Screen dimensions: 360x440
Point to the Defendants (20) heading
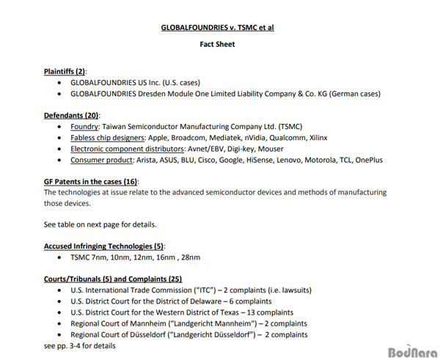click(x=72, y=115)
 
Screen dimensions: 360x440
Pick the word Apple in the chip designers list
click(x=159, y=137)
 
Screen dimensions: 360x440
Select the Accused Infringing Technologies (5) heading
click(x=104, y=246)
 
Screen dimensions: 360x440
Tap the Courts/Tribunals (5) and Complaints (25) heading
click(x=113, y=279)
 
